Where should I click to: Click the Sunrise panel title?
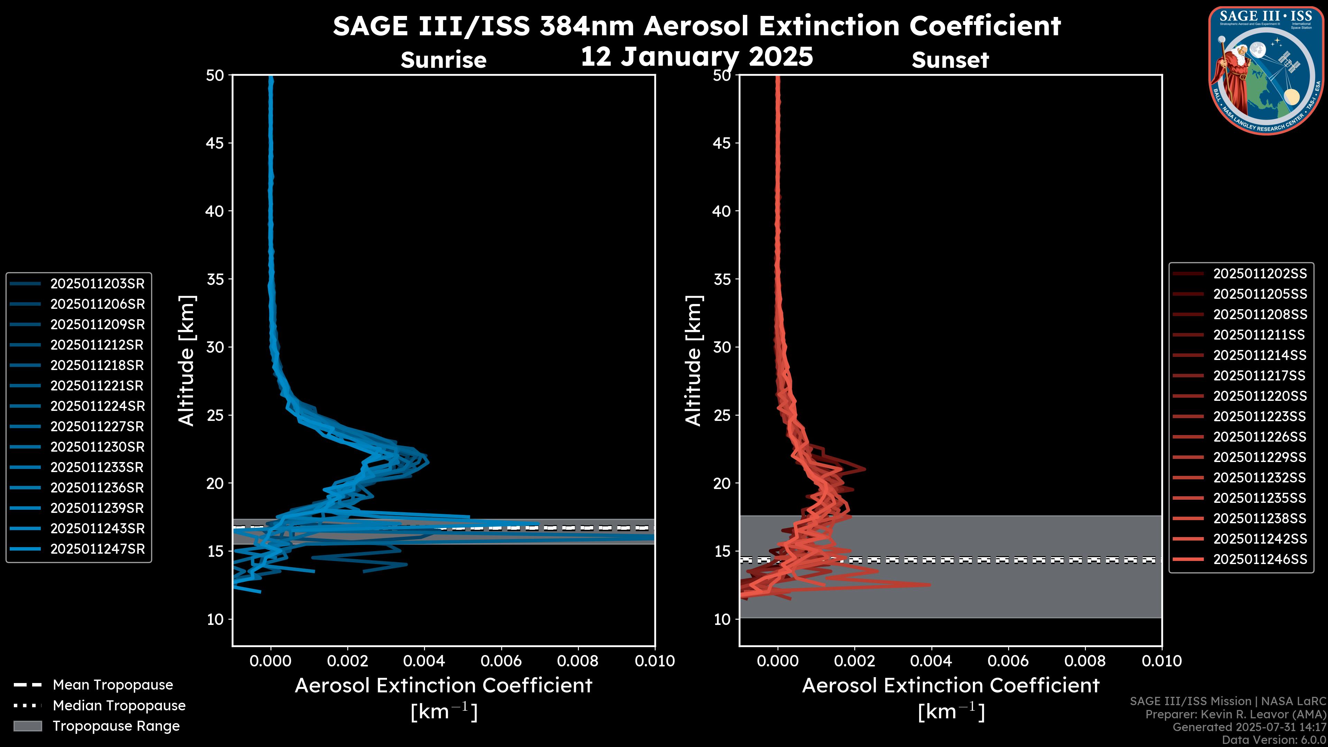coord(443,60)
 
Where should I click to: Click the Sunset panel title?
coord(950,60)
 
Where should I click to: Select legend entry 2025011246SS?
coord(1260,559)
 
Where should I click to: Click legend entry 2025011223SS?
coord(1260,416)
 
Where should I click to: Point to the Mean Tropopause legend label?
coord(113,685)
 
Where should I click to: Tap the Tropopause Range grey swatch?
coord(27,726)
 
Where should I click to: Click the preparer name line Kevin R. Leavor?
coord(1235,714)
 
